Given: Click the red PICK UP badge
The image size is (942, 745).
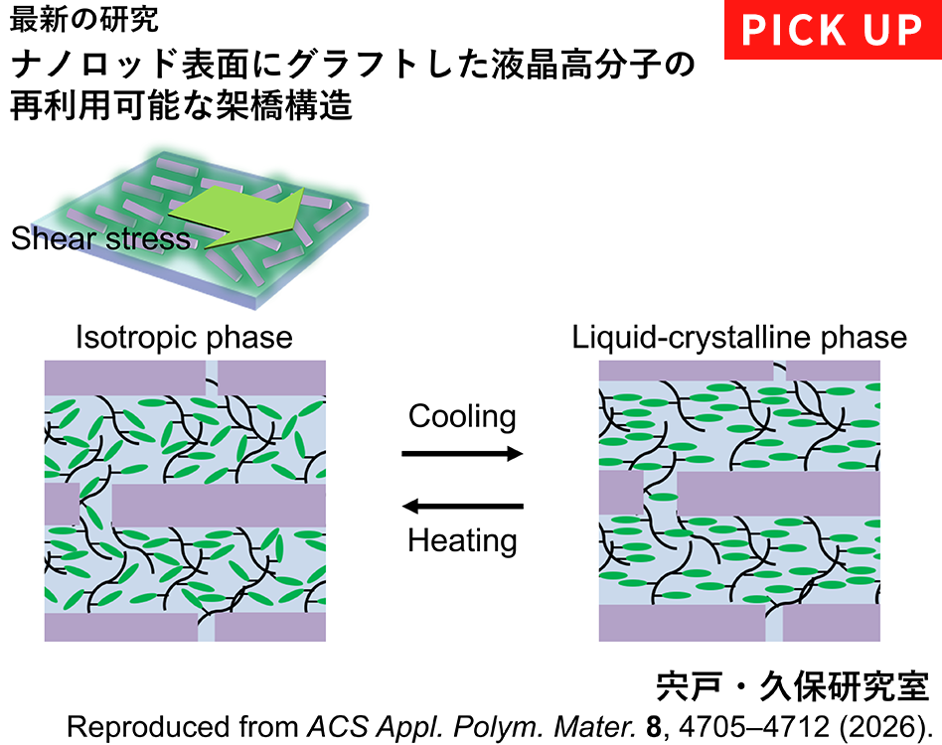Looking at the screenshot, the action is (x=833, y=30).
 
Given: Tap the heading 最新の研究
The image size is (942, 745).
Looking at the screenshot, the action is (x=84, y=19).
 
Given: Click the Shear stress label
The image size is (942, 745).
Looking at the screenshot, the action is (x=100, y=238).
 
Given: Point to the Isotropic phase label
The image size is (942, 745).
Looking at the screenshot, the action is (x=184, y=338).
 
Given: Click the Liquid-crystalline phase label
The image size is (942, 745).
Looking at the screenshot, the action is (x=739, y=338).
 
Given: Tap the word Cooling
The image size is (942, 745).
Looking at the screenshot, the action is (x=462, y=416).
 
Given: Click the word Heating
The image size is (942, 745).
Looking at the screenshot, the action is (x=462, y=540).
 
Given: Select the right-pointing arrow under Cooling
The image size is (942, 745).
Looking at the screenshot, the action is (x=462, y=453).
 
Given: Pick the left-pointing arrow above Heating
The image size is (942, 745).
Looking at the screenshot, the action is (x=462, y=506).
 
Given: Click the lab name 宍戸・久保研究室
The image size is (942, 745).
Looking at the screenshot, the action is (x=793, y=685).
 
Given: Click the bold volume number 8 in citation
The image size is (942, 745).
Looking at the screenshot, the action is (x=654, y=727).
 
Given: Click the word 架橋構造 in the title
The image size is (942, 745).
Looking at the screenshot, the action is (x=283, y=105).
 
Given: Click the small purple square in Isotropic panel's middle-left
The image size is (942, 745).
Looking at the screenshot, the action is (x=62, y=503).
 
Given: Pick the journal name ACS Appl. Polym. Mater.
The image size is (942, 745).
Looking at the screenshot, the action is (x=472, y=727).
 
